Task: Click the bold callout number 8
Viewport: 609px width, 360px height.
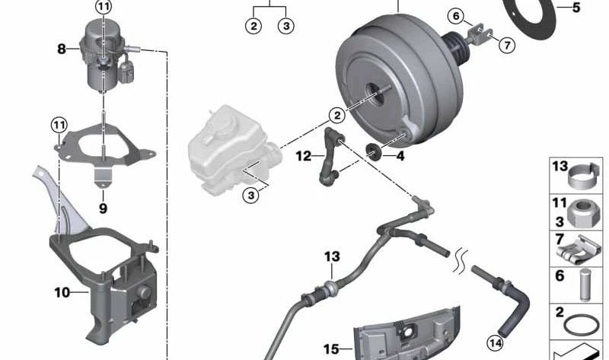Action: coord(62,49)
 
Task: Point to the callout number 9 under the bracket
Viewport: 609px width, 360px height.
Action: coord(103,209)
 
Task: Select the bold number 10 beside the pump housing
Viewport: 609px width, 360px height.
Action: coord(62,292)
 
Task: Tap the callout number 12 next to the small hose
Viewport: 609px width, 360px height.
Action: coord(303,156)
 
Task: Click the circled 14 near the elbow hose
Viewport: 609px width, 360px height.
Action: coord(495,343)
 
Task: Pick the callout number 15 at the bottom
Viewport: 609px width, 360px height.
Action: coord(331,349)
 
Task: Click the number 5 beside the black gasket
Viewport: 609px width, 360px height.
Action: coord(576,8)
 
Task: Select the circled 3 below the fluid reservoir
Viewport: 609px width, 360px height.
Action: coord(251,195)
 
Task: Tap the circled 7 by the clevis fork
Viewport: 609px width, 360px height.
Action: coord(507,45)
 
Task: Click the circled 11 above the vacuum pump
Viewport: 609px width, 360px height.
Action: coord(104,7)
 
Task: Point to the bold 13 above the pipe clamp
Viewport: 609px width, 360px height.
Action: coord(332,256)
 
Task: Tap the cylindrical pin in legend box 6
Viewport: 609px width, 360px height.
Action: coord(585,285)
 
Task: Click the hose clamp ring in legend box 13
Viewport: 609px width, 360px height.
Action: coord(584,177)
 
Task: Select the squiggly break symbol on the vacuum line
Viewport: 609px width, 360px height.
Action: coord(461,261)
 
